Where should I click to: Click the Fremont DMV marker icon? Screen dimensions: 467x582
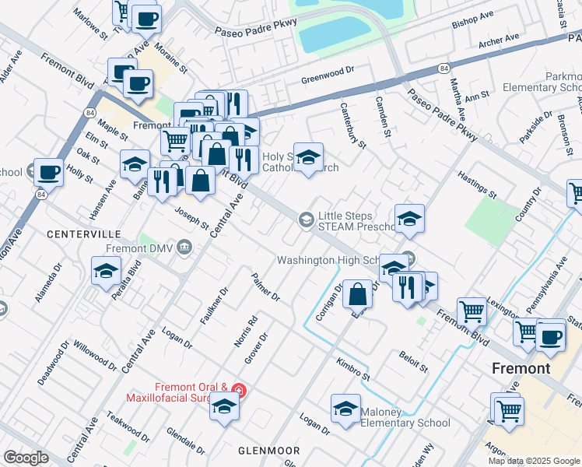(184, 248)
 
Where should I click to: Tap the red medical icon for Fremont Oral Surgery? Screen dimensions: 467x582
(240, 389)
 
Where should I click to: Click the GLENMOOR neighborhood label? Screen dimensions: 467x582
(268, 451)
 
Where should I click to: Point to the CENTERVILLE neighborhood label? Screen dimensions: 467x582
(83, 233)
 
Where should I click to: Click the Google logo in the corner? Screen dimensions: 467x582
(26, 458)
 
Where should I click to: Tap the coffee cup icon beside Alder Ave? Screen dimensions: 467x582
(48, 170)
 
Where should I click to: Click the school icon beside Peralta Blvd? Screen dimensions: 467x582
(106, 271)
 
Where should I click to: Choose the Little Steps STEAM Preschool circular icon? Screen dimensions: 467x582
(307, 222)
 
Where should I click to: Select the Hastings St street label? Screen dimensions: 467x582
(476, 184)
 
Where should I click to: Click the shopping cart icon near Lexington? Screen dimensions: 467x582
(472, 311)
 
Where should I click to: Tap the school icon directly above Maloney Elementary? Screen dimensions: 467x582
(345, 407)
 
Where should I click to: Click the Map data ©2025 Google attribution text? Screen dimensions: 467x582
(534, 460)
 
